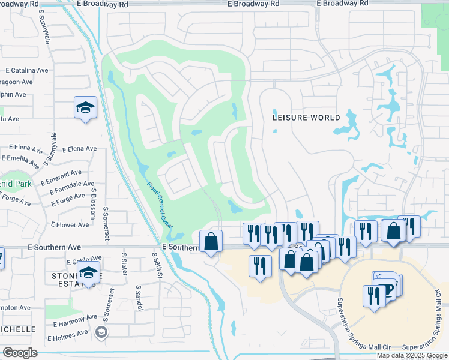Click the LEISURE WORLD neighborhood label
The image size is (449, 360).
pyautogui.click(x=306, y=118)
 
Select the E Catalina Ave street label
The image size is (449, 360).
pyautogui.click(x=26, y=70)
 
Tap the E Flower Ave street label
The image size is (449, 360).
pyautogui.click(x=70, y=225)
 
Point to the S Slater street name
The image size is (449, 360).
pyautogui.click(x=124, y=263)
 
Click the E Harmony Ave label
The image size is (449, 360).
pyautogui.click(x=74, y=318)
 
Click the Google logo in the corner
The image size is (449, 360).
pyautogui.click(x=20, y=353)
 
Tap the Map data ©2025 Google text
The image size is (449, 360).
pyautogui.click(x=412, y=355)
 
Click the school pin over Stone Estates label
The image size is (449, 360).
pyautogui.click(x=88, y=272)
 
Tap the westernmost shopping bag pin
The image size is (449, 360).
pyautogui.click(x=211, y=241)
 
